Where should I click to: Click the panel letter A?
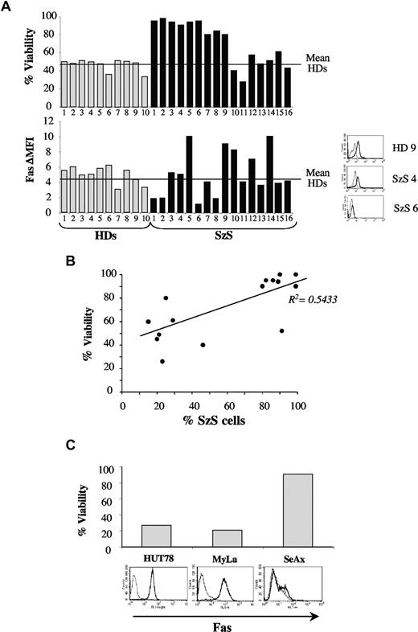pos(9,7)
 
